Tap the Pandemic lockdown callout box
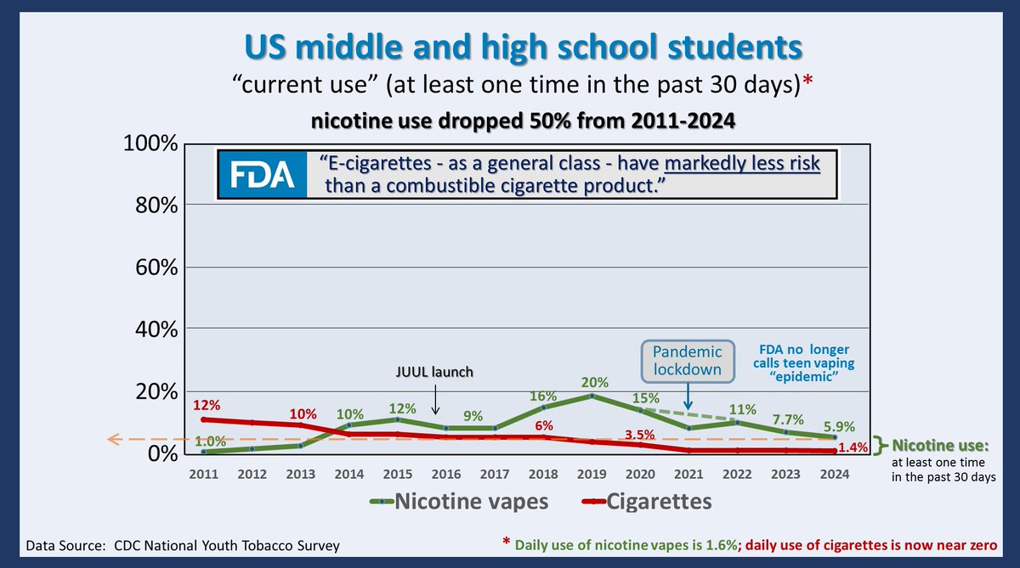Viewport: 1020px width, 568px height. click(688, 361)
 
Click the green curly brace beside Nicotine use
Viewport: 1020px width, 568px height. click(884, 442)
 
